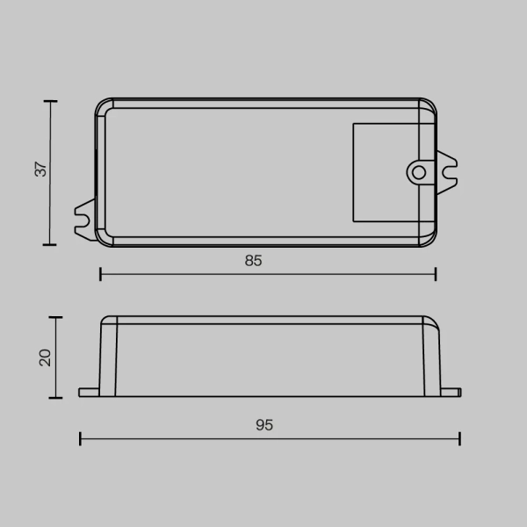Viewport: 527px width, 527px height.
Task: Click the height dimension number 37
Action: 40,170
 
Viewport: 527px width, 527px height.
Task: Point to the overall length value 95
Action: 264,425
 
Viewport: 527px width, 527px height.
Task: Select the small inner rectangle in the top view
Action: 384,172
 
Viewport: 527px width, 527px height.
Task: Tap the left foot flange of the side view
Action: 90,392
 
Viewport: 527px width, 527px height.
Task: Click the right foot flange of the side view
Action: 449,392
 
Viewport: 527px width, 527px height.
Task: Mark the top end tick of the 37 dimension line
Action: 50,102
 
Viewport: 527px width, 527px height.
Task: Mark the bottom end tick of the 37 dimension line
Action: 50,242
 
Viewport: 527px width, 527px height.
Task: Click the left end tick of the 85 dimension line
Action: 101,275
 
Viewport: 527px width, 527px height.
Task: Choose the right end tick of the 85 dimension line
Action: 436,275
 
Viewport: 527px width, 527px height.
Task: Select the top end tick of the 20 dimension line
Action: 57,318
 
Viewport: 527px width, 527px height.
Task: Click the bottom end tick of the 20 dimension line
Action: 57,396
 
